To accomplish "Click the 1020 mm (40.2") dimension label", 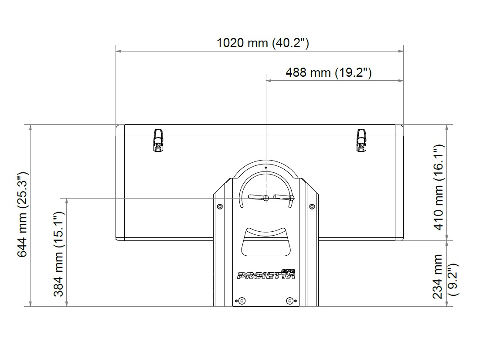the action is (x=263, y=43).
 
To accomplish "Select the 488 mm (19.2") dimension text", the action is (x=328, y=72).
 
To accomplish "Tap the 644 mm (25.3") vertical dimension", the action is (x=23, y=215).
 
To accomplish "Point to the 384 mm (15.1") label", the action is (x=58, y=254).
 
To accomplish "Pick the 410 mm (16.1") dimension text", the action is (x=439, y=187).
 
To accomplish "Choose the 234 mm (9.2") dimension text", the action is (x=445, y=277).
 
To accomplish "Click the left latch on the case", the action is (x=158, y=141).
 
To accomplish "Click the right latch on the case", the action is (x=361, y=141).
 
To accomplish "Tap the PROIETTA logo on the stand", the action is (x=266, y=274).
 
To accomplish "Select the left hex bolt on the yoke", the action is (x=220, y=206).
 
